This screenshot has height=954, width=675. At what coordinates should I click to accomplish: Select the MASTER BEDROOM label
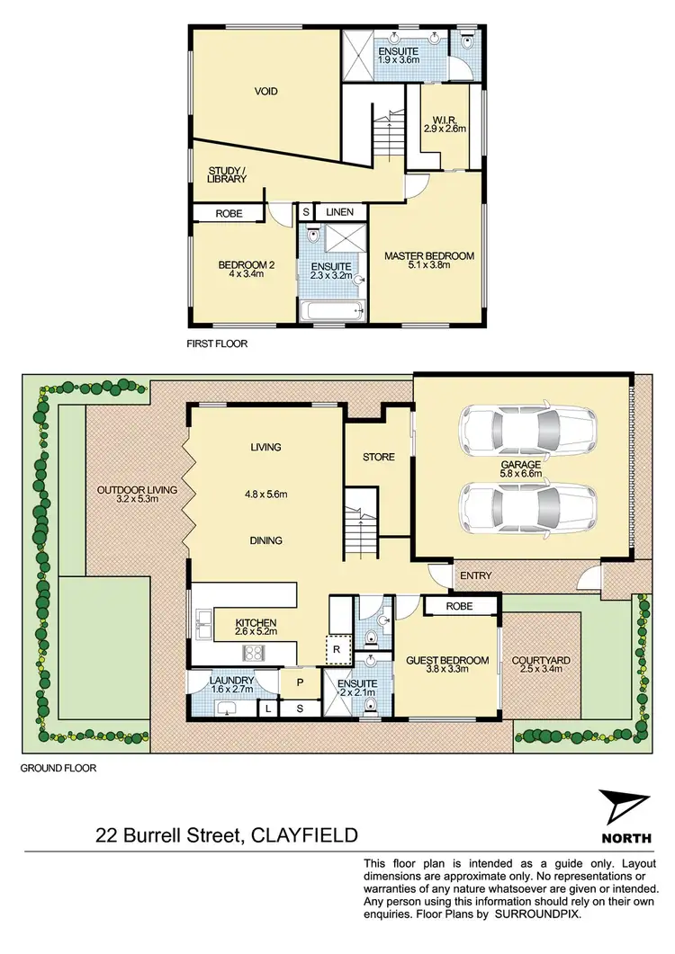tap(428, 256)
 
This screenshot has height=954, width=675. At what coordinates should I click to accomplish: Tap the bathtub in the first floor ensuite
tap(332, 312)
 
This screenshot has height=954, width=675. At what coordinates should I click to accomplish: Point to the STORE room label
tap(379, 457)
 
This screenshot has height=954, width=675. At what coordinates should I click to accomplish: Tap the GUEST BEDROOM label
tap(446, 661)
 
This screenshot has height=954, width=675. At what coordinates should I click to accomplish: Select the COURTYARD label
tap(541, 661)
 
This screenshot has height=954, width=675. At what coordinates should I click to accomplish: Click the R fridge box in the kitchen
tap(333, 648)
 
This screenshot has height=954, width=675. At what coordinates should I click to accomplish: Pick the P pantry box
tap(297, 682)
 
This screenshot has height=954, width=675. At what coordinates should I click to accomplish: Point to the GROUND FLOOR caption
tap(58, 769)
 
